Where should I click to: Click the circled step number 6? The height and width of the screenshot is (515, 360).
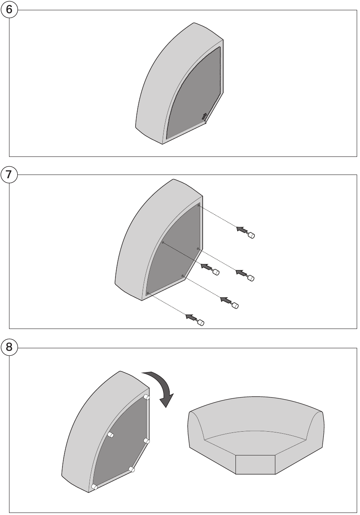tap(9, 10)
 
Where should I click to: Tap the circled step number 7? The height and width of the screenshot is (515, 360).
tap(9, 175)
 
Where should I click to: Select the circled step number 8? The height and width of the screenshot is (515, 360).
tap(9, 347)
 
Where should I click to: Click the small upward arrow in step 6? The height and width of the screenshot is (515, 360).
tap(204, 116)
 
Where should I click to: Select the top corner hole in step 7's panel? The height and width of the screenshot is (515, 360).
tap(198, 205)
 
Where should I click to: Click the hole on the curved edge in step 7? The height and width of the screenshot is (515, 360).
tap(163, 242)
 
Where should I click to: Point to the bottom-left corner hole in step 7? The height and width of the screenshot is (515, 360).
tap(148, 293)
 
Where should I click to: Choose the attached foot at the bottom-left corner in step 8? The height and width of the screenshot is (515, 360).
tap(94, 487)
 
